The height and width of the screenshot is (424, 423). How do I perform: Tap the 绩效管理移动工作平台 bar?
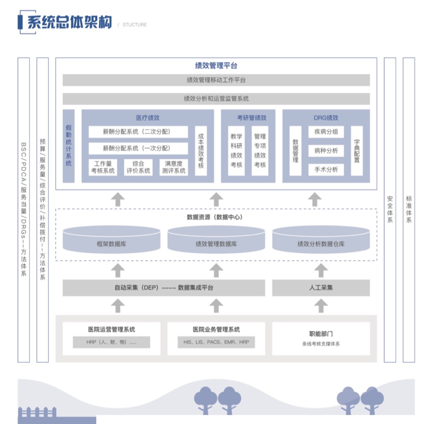click(216, 80)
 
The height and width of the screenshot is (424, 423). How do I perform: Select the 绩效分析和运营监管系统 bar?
click(216, 98)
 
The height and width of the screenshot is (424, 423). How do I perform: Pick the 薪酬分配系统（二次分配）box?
click(138, 131)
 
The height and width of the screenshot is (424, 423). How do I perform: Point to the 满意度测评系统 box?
click(174, 167)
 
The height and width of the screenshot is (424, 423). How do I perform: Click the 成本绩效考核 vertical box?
click(201, 151)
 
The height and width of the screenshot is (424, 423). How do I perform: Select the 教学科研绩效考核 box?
click(236, 151)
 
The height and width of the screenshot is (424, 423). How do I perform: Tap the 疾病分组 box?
click(326, 131)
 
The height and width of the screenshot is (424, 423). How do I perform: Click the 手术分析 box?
click(326, 169)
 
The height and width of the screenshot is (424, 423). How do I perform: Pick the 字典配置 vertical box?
click(357, 151)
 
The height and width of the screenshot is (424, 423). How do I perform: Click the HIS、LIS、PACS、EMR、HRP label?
click(216, 342)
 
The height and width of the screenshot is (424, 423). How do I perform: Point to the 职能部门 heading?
click(321, 334)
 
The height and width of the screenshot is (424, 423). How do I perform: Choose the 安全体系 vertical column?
click(390, 209)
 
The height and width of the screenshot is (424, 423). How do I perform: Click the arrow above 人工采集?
click(321, 269)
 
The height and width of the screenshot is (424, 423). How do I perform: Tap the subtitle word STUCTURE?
click(135, 24)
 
